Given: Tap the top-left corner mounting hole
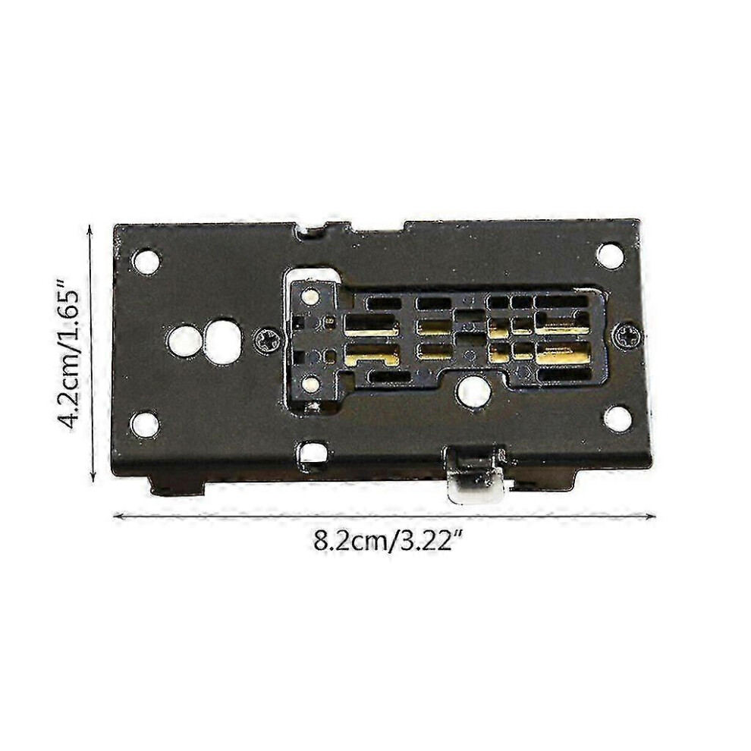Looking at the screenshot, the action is click(146, 261).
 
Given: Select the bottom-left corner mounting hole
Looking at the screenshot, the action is click(145, 425).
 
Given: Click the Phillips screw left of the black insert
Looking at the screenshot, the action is click(266, 340).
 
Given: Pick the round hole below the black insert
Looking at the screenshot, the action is click(473, 391).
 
